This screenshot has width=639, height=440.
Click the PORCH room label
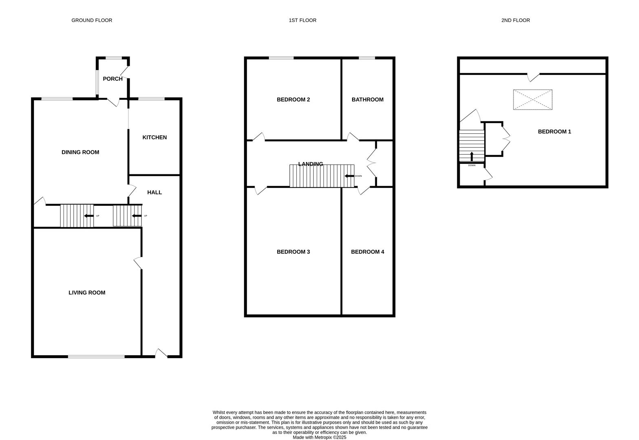coord(112,79)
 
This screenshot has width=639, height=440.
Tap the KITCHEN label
coord(154,137)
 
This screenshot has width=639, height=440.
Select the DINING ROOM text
coord(80,152)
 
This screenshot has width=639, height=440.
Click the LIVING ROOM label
coord(87,293)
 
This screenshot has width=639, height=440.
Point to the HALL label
coord(154,192)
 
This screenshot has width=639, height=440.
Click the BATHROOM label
coord(367,99)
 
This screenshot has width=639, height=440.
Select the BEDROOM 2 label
coord(293,99)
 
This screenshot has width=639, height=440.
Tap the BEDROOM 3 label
coord(293,252)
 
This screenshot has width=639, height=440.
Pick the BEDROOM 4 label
coord(367,252)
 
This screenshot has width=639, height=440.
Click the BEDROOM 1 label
coord(554,132)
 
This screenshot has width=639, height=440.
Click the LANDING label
coord(311,164)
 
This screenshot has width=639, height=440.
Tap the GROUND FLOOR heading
coord(92,20)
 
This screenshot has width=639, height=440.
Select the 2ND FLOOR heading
coord(516,20)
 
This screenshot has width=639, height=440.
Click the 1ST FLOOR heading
coord(302,20)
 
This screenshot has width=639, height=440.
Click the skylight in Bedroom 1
coord(533,100)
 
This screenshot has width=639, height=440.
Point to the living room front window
coord(96,357)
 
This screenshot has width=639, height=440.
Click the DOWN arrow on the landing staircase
coord(349,176)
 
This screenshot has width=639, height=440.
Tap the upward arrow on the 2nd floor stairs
coord(472,156)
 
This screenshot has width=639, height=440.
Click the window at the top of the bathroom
coord(367,58)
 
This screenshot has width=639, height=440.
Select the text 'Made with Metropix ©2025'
coord(319,437)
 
